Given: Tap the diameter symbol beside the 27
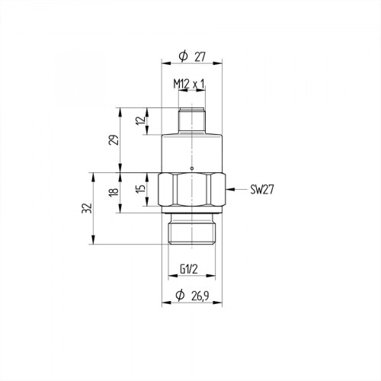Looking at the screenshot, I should (182, 56).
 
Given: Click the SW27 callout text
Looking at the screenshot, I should (261, 189).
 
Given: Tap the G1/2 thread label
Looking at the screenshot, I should (190, 268).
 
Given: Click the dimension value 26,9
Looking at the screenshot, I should (203, 295).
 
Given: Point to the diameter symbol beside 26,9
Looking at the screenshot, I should (181, 295).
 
